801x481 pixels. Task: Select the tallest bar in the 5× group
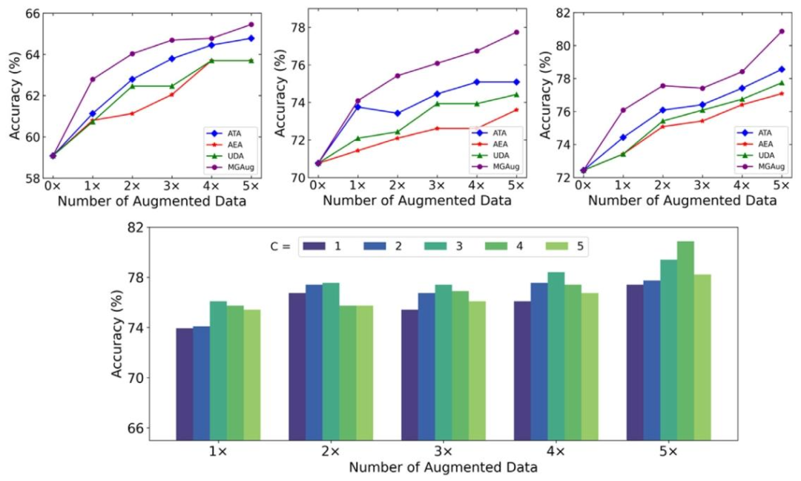click(685, 341)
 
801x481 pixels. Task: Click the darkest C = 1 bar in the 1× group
click(185, 384)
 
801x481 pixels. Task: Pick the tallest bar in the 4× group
click(556, 356)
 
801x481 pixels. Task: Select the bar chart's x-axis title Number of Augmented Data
click(443, 468)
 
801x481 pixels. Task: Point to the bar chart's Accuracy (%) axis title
click(117, 334)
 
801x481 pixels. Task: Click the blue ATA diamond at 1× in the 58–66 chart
click(93, 114)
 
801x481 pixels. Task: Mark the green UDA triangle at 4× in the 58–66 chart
click(211, 61)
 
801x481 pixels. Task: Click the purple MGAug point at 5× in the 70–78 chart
click(516, 32)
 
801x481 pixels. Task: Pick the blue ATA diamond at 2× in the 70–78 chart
click(397, 114)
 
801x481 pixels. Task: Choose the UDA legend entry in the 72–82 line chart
click(765, 155)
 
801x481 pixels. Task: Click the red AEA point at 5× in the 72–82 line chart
click(781, 94)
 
